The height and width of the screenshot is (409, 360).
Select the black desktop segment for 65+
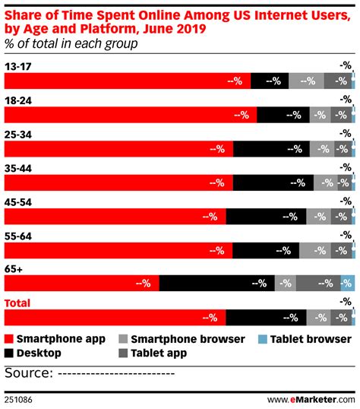pyautogui.click(x=216, y=284)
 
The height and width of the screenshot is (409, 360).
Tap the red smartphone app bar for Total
pyautogui.click(x=115, y=317)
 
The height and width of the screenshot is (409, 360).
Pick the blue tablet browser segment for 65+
pyautogui.click(x=347, y=284)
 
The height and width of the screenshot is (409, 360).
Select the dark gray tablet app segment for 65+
pyautogui.click(x=318, y=284)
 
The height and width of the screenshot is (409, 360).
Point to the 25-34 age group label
pyautogui.click(x=19, y=133)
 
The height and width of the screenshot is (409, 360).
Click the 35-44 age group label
pyautogui.click(x=19, y=166)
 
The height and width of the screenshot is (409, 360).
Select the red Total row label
pyautogui.click(x=18, y=301)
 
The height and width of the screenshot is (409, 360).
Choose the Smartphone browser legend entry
pyautogui.click(x=182, y=339)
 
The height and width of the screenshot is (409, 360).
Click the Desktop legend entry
pyautogui.click(x=33, y=353)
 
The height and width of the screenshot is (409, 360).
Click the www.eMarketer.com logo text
pyautogui.click(x=311, y=398)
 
